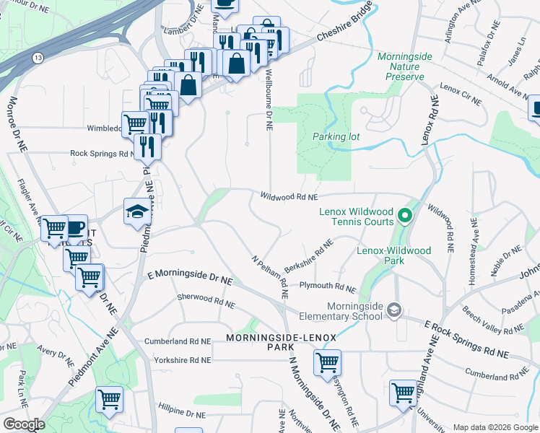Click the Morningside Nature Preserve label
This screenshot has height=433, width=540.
tap(403, 66)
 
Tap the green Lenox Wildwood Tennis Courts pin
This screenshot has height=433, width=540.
tap(405, 215)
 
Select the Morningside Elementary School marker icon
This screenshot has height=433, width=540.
tap(394, 310)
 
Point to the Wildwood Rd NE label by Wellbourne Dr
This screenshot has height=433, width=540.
tap(289, 196)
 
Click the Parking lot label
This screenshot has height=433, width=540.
tap(336, 136)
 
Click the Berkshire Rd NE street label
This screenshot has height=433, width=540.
tap(308, 256)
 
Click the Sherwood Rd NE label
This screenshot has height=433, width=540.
tap(206, 301)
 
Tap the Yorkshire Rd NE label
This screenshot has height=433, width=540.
tap(178, 359)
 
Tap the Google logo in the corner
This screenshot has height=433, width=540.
tap(24, 424)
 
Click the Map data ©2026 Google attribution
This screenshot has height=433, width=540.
tap(495, 427)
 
